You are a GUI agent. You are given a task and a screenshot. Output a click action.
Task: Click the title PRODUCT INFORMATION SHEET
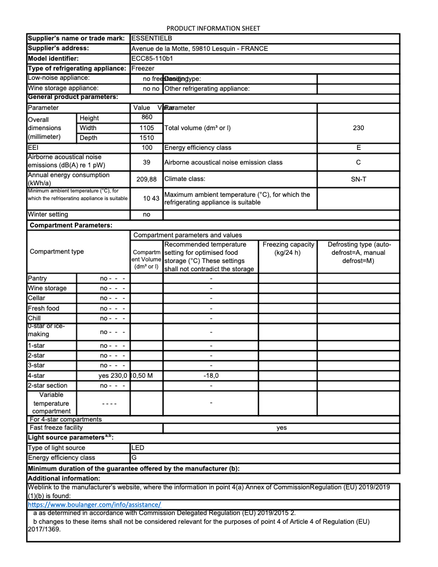click(213, 28)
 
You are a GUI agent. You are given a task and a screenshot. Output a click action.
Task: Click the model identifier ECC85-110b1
click(152, 59)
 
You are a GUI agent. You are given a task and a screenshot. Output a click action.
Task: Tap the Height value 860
click(147, 118)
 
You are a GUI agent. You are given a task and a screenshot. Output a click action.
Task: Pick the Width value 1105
click(147, 128)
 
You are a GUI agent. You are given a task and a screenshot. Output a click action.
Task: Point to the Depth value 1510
click(147, 138)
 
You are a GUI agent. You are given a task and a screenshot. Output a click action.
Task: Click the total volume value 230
click(358, 128)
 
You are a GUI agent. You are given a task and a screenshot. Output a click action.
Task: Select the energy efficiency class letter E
click(358, 148)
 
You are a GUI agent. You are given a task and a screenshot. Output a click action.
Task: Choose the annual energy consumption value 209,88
click(146, 179)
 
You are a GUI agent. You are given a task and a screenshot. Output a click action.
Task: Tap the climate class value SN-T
click(358, 179)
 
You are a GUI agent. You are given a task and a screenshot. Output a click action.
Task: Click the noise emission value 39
click(146, 162)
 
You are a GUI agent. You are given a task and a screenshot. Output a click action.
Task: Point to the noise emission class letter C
click(358, 162)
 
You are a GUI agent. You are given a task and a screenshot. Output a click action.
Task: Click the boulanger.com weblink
click(94, 505)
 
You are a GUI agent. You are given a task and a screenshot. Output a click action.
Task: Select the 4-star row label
click(36, 376)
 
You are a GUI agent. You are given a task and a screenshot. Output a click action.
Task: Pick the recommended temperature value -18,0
click(211, 376)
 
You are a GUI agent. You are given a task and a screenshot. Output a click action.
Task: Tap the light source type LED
click(138, 448)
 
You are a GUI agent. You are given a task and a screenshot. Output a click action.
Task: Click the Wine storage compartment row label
click(47, 288)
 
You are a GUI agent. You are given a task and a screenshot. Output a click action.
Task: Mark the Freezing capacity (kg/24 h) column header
click(288, 248)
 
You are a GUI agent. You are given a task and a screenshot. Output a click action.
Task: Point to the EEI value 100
click(146, 148)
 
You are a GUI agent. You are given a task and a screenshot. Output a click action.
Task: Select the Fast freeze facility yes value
click(281, 428)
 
